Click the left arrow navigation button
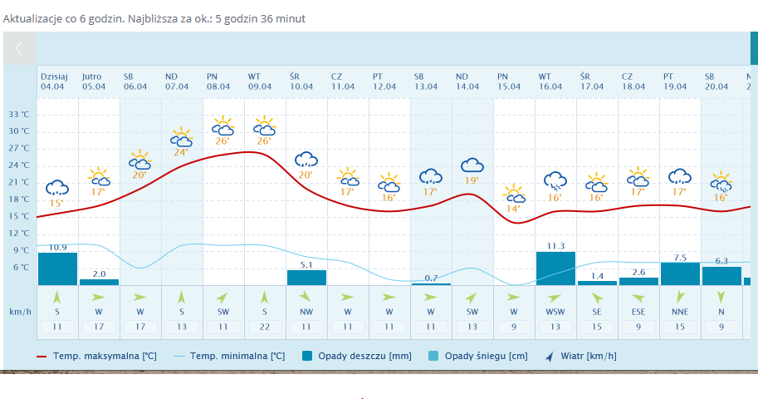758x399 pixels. pos(19,48)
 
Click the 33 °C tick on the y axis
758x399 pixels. pos(19,114)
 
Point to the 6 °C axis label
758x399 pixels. pos(21,267)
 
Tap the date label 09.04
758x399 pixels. pos(260,86)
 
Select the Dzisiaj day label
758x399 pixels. pos(54,76)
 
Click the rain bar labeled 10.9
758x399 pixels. pos(57,268)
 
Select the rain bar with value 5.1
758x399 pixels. pos(306,278)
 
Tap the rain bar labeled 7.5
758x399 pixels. pos(680,273)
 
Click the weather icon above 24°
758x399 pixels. pos(181,136)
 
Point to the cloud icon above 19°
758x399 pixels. pos(472,165)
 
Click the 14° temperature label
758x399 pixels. pos(513,209)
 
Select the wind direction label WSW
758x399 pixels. pos(555,312)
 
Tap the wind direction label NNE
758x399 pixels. pos(680,312)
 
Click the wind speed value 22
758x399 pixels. pos(265,327)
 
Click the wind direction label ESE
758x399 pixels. pos(638,312)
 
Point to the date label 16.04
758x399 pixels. pos(550,86)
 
